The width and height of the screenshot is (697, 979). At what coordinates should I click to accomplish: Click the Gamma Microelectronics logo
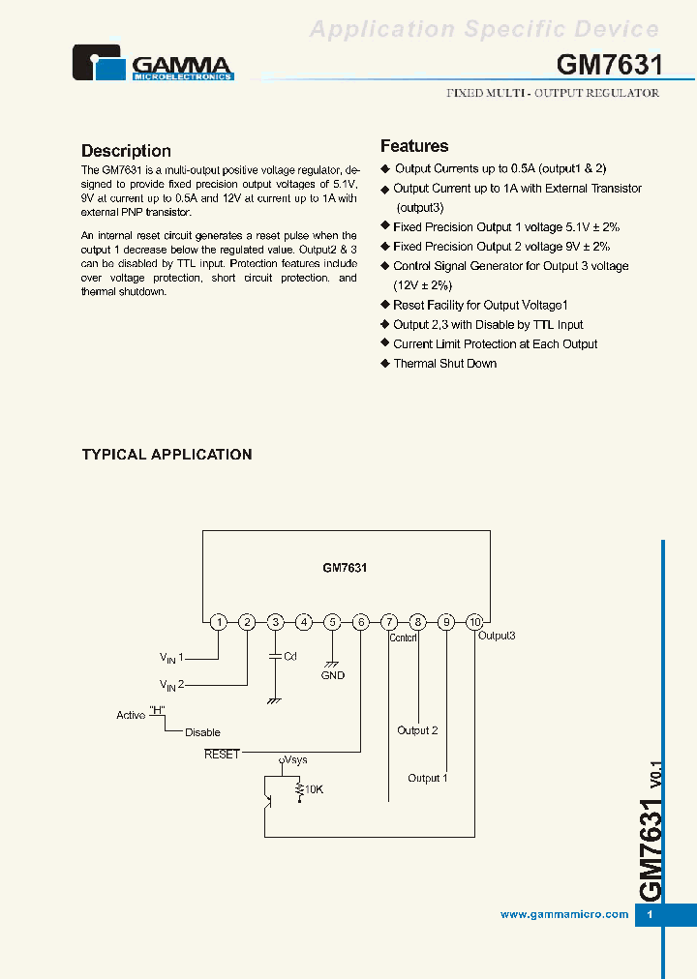coord(153,63)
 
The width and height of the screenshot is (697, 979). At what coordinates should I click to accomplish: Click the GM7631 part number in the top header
coord(610,65)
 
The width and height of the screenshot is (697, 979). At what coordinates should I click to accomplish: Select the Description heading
coord(126,151)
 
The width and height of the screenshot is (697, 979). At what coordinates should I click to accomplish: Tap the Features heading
coord(414,146)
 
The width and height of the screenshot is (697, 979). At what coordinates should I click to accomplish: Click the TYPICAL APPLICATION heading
coord(167,455)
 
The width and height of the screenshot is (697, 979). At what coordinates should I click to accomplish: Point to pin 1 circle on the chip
coord(219,622)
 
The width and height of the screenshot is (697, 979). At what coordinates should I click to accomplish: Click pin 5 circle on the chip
coord(332,622)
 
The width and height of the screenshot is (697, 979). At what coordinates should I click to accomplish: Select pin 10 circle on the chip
coord(474,622)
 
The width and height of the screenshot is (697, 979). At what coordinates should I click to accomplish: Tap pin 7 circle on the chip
coord(389,622)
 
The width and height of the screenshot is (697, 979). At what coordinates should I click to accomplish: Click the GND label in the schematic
coord(333,675)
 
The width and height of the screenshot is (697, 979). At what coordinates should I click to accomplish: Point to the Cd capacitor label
coord(290,656)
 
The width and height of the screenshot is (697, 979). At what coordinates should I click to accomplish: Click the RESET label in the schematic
coord(222,754)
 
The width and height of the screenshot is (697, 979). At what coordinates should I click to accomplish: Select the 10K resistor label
coord(315,790)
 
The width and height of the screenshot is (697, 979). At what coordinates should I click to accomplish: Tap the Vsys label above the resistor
coord(296,760)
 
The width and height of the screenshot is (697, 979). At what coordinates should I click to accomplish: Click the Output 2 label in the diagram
coord(417,730)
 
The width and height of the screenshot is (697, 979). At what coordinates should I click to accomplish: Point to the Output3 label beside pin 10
coord(497,637)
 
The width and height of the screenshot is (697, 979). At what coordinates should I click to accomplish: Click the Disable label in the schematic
coord(202,732)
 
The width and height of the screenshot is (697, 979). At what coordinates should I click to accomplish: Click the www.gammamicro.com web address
coord(564,914)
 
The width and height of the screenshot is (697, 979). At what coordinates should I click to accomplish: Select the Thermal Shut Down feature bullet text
coord(444,364)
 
